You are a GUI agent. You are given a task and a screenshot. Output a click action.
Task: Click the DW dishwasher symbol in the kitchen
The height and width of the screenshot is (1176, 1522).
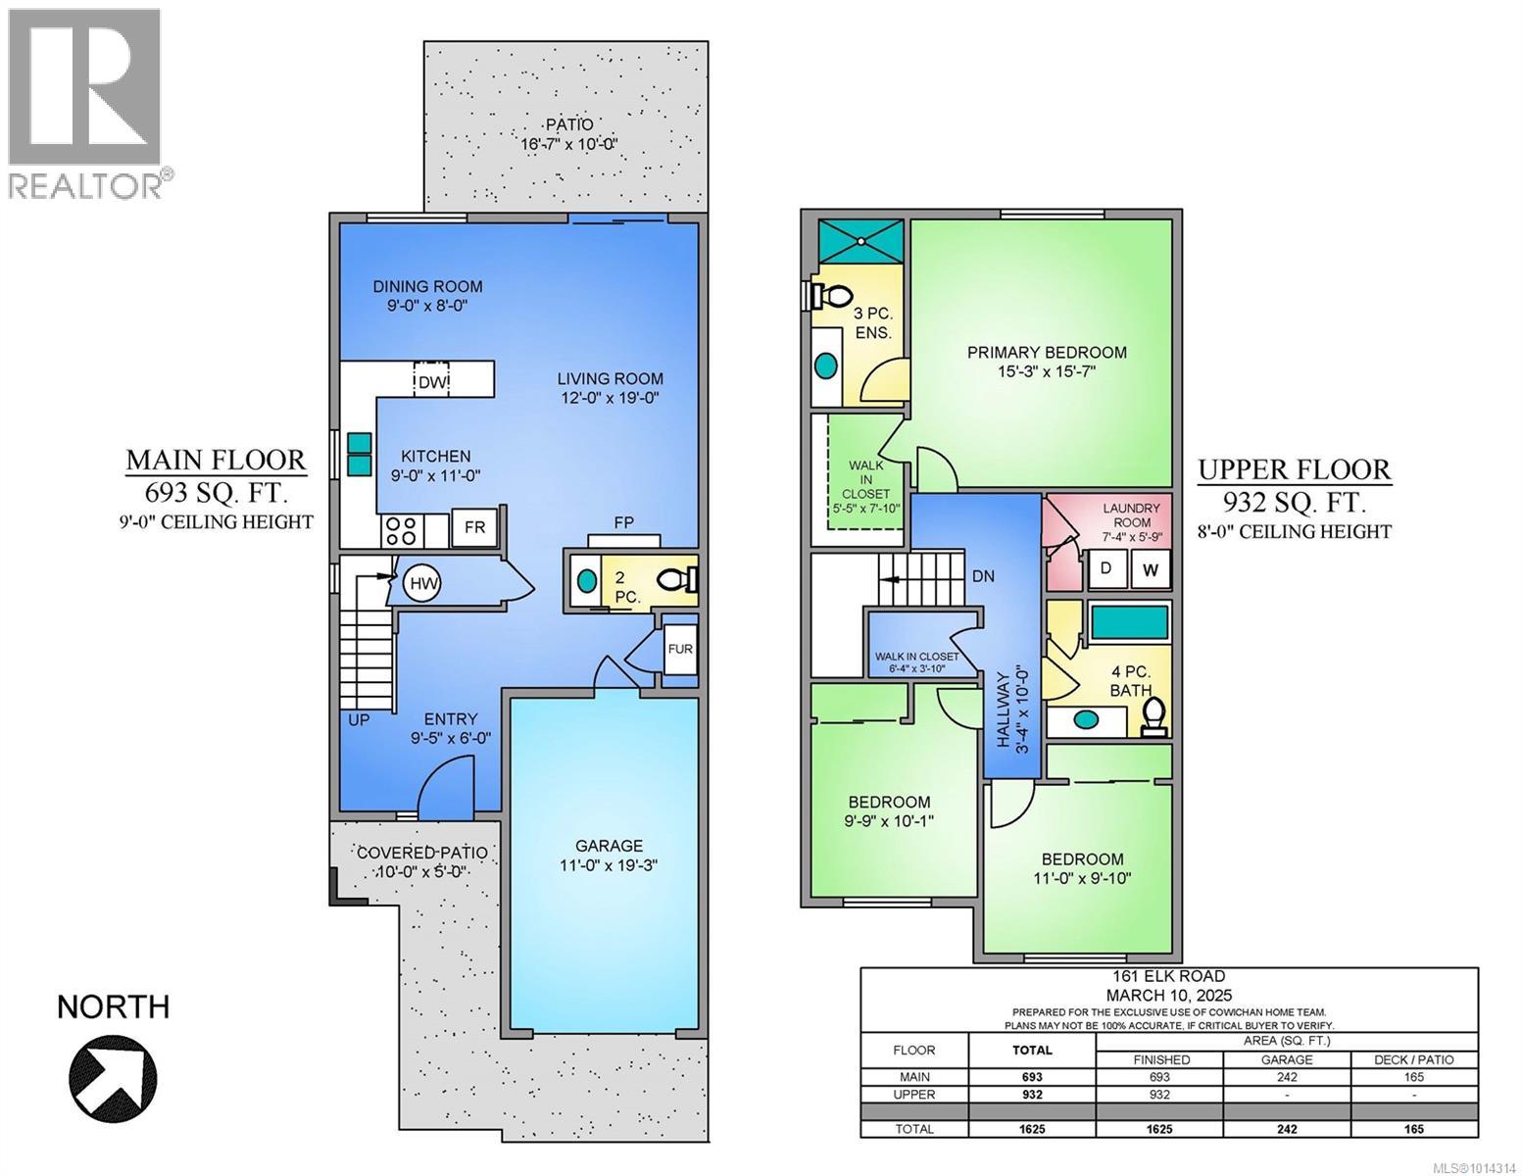(431, 381)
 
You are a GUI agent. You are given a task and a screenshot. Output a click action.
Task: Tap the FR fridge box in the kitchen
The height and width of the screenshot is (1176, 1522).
(475, 527)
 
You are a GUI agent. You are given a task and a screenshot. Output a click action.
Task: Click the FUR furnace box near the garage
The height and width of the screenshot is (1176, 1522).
(679, 650)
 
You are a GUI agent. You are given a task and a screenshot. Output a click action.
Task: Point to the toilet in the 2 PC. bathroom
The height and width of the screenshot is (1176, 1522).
(677, 580)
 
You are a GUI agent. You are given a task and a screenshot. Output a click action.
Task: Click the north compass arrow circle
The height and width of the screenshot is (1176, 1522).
(113, 1074)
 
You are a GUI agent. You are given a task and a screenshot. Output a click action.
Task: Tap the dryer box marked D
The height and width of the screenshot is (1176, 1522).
(1105, 568)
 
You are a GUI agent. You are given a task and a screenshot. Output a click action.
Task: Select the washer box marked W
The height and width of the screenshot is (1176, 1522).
(1150, 568)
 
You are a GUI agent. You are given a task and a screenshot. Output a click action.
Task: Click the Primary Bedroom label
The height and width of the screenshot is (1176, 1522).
(1047, 353)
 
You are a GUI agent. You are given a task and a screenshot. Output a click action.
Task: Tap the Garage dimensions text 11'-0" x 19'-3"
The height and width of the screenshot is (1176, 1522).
(609, 865)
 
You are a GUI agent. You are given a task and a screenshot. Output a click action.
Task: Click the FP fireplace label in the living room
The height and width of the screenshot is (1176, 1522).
(623, 522)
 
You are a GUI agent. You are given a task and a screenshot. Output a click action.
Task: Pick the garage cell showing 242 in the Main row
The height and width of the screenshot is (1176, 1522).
(1286, 1077)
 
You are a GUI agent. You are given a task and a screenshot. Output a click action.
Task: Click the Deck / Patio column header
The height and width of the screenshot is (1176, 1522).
(1413, 1059)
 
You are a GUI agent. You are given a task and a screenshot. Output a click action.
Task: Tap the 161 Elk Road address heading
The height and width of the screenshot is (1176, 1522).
(1168, 976)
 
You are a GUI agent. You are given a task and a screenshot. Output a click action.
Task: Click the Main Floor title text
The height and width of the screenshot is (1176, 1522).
(216, 460)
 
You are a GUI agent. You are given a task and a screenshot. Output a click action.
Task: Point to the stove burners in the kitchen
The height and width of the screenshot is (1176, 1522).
(401, 530)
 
